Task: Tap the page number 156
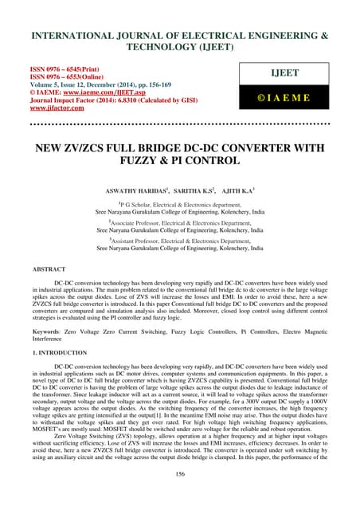[180, 496]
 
